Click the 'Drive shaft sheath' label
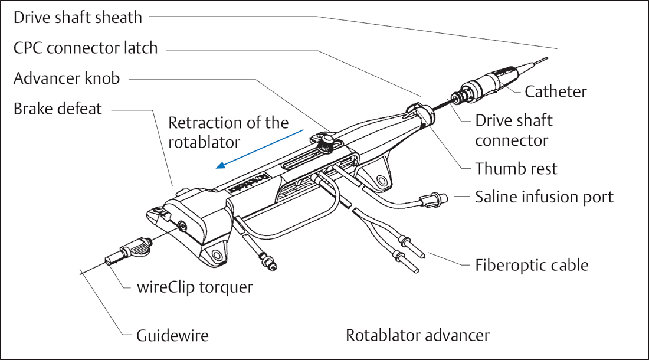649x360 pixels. click(x=78, y=17)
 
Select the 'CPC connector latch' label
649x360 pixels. click(x=86, y=48)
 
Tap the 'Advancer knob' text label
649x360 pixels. click(x=67, y=78)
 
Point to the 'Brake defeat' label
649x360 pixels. click(x=57, y=109)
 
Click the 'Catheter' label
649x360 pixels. click(x=556, y=91)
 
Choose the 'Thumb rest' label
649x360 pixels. click(x=516, y=169)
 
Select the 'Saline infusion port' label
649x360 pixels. click(x=544, y=197)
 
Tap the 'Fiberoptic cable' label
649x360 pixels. click(x=532, y=264)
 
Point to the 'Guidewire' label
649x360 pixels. click(x=172, y=336)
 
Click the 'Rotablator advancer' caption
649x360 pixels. click(x=418, y=336)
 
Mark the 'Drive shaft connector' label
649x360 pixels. click(x=514, y=130)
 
